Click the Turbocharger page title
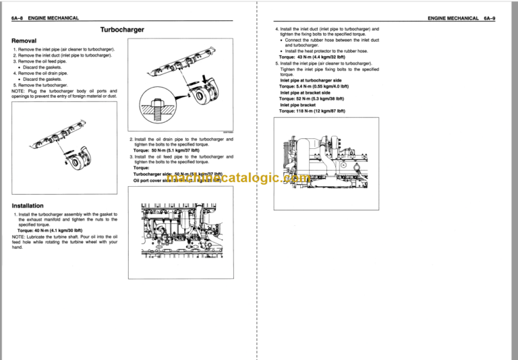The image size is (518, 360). point(122,30)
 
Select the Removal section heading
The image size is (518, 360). point(24,40)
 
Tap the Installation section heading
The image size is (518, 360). point(28,206)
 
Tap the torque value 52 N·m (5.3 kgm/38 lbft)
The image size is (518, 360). point(312,98)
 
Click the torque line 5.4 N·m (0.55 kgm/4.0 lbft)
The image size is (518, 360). point(314,86)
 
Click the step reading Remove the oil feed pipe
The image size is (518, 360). point(42,61)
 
